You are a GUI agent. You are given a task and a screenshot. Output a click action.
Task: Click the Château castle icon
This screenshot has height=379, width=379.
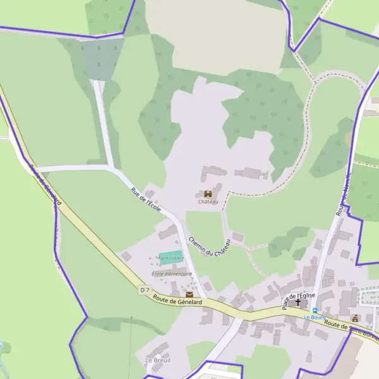coord(208,194)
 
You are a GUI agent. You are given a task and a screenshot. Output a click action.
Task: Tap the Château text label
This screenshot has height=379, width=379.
coord(208,202)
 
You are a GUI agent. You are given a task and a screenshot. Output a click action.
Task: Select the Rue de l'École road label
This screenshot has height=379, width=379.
coord(146,199)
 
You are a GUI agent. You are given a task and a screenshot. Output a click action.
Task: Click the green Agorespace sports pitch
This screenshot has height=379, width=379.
coord(171,258)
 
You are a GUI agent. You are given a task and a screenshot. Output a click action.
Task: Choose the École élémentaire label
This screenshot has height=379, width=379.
coord(172,274)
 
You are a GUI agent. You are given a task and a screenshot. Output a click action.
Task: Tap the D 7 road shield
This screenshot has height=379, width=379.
coord(145,290)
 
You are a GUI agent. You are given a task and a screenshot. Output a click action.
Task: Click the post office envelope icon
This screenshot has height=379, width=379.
coord(189,294)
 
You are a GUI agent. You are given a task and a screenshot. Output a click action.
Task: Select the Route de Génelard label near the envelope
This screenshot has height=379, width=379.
coord(177,303)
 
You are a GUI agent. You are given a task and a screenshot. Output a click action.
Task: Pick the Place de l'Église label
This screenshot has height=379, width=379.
coord(293,295)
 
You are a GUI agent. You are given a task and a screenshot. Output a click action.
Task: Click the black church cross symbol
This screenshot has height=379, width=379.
coord(298,303)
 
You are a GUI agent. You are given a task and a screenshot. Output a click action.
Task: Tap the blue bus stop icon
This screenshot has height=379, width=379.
coord(315,311)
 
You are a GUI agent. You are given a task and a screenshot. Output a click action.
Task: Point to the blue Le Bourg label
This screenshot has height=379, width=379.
coord(314,318)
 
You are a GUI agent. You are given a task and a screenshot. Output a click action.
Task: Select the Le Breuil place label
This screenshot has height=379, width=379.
coord(158,360)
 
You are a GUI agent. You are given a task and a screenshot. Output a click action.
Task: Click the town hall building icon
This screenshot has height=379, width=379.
coord(356,318)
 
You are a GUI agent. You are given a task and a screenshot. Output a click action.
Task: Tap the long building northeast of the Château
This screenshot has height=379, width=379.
coord(251,173)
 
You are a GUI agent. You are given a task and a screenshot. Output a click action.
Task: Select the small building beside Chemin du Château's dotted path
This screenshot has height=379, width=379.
coord(238,237)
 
